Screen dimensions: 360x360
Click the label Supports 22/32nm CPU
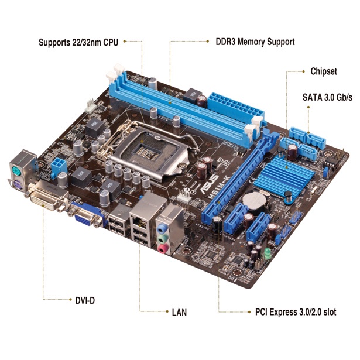[80, 42]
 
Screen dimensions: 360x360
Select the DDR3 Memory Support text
[251, 42]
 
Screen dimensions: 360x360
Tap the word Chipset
[324, 71]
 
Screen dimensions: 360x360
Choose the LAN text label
[179, 312]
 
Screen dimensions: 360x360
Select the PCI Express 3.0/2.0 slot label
[296, 312]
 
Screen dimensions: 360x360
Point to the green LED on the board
[266, 253]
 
